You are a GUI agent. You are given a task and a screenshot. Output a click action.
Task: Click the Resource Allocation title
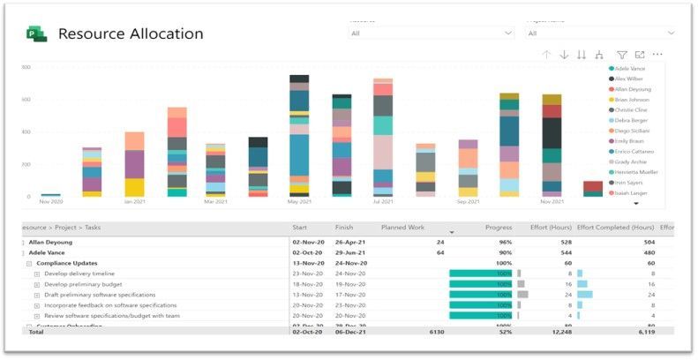[x=131, y=34]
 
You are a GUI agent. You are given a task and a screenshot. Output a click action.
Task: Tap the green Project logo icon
[x=37, y=34]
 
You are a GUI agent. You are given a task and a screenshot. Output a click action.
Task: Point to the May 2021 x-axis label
[x=300, y=202]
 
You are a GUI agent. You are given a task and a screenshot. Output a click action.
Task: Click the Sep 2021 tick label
[x=468, y=202]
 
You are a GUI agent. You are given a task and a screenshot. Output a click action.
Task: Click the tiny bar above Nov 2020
[x=51, y=195]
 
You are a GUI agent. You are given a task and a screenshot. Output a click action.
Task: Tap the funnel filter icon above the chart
[x=622, y=55]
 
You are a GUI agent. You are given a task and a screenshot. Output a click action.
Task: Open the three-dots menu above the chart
[x=657, y=55]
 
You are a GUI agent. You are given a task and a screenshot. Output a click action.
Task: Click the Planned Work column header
[x=402, y=228]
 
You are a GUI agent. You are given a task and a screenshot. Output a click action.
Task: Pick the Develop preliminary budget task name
[x=85, y=284]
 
